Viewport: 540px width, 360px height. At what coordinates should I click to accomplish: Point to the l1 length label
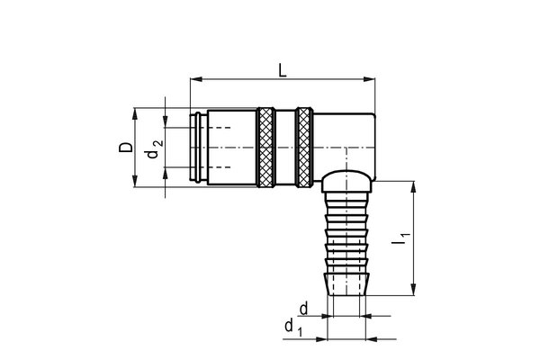401,239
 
